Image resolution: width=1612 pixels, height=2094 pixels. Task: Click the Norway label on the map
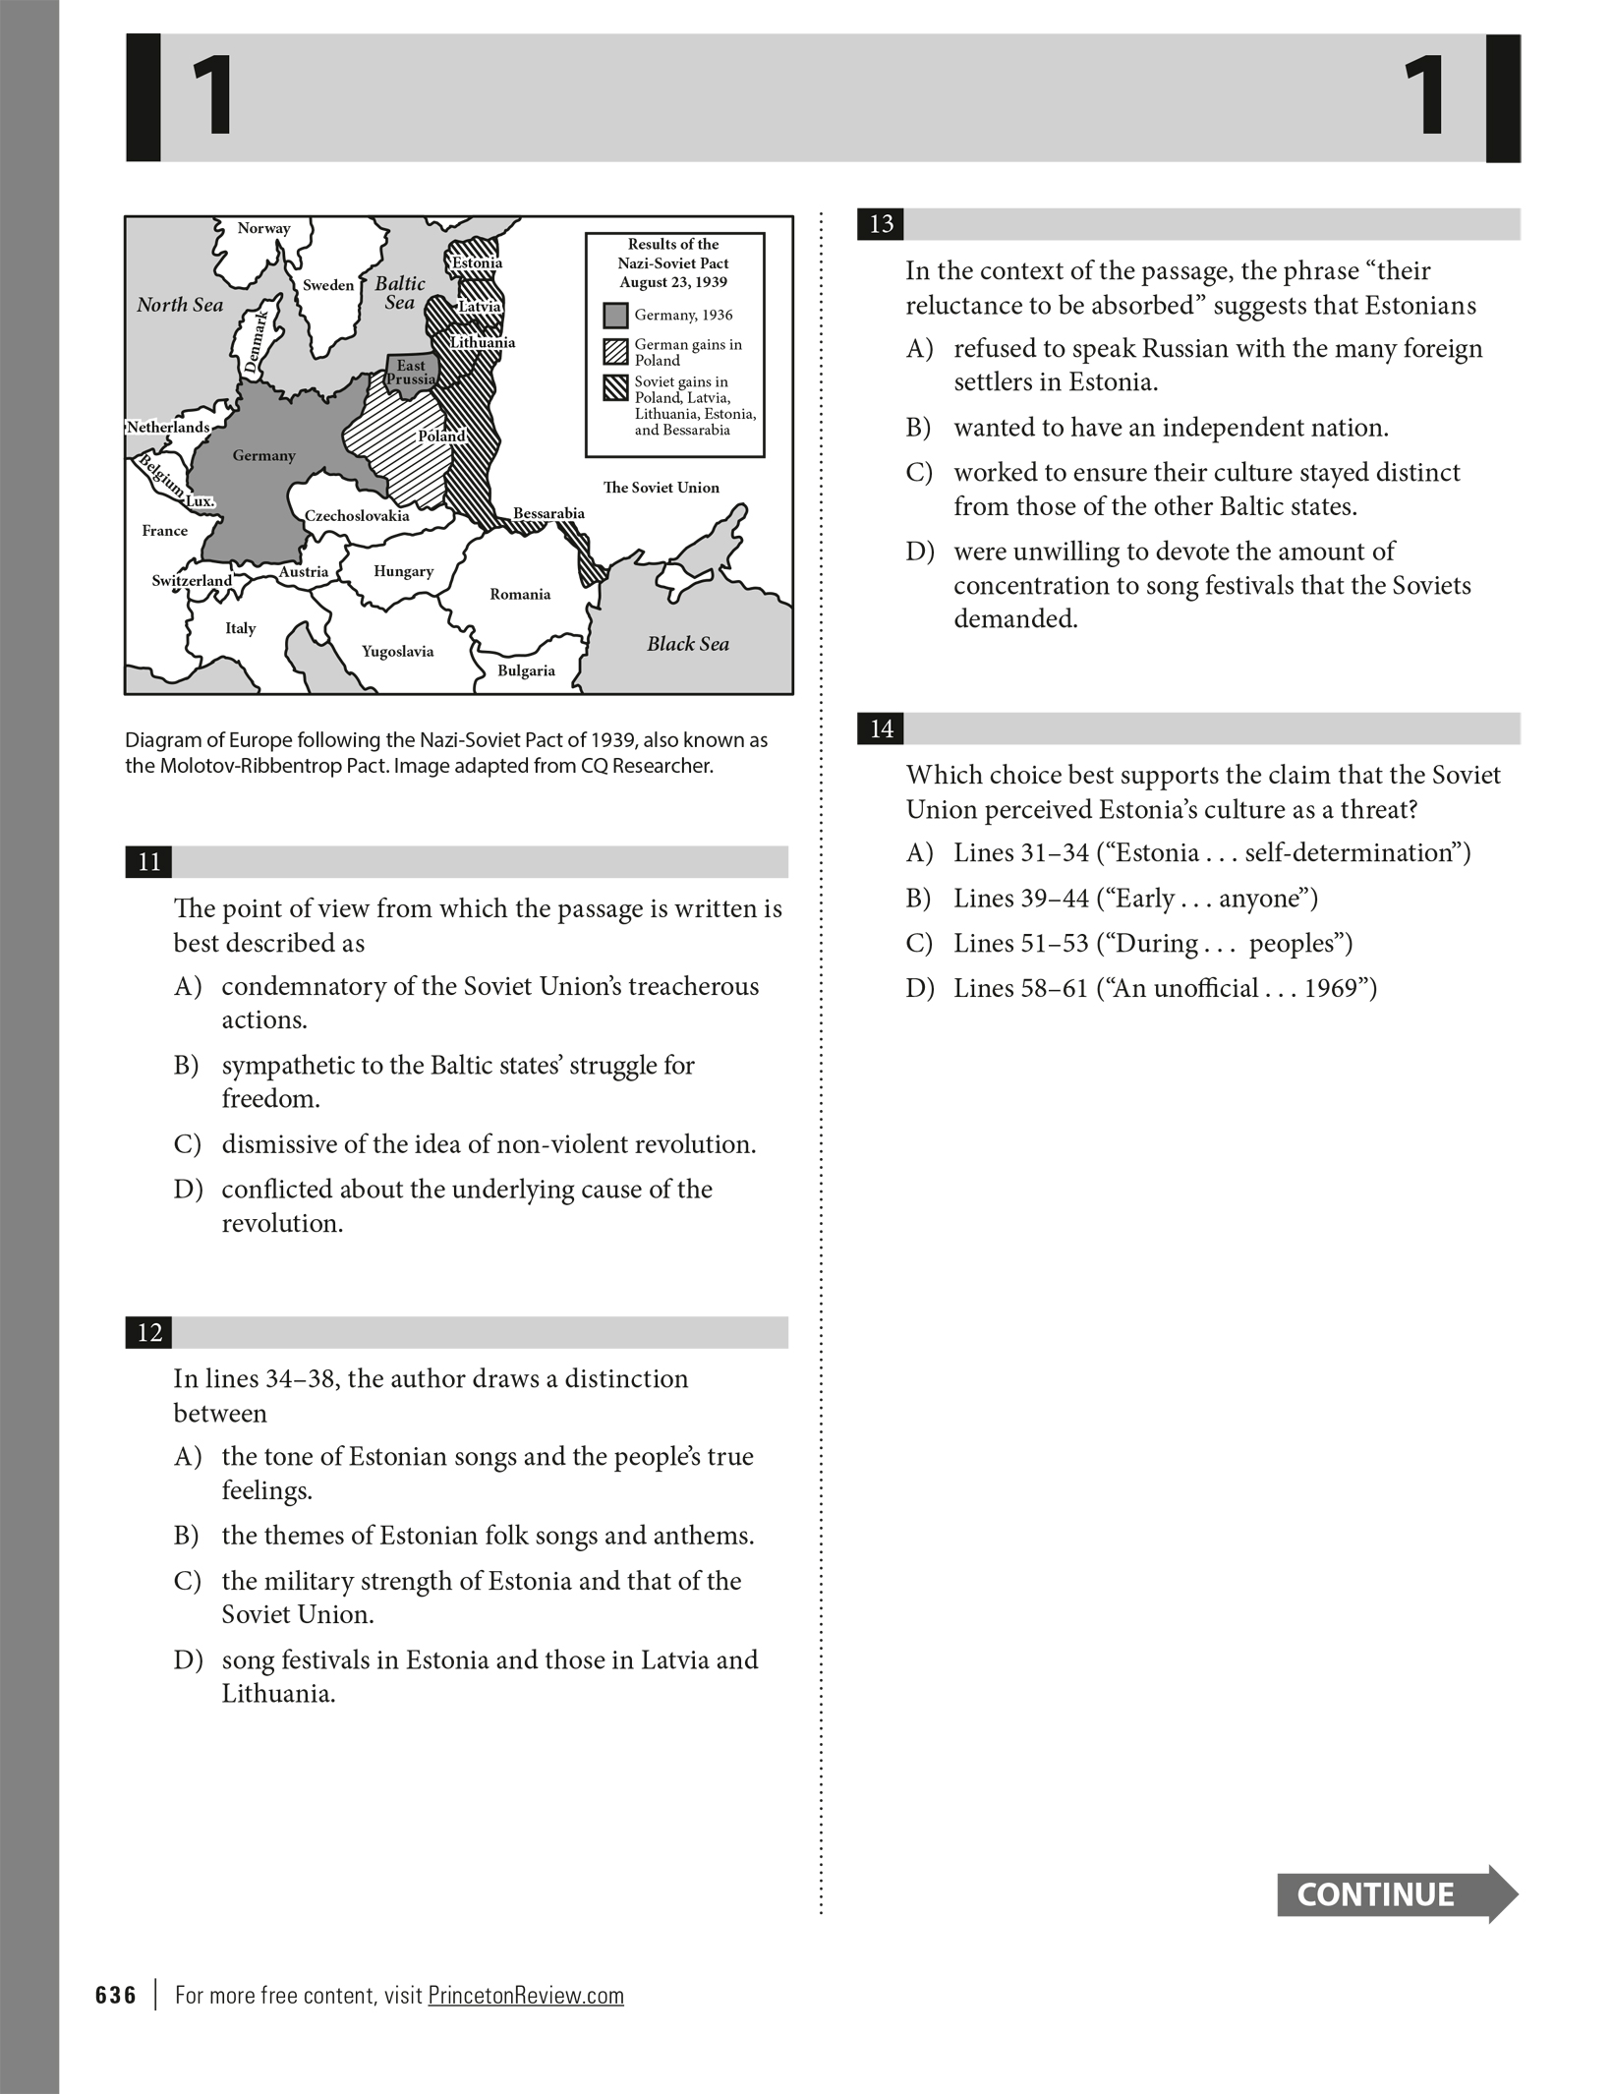pyautogui.click(x=263, y=228)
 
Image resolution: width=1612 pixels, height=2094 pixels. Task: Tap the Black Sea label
pyautogui.click(x=687, y=644)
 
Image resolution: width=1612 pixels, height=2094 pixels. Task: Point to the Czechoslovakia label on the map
pyautogui.click(x=357, y=515)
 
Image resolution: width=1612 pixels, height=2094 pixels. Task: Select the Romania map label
pyautogui.click(x=520, y=594)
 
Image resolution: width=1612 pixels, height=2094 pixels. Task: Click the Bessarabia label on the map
pyautogui.click(x=548, y=513)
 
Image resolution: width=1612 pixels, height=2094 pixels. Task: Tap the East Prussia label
pyautogui.click(x=411, y=372)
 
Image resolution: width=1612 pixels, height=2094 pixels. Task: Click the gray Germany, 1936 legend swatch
pyautogui.click(x=615, y=316)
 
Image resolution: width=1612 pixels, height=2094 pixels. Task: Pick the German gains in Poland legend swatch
pyautogui.click(x=615, y=352)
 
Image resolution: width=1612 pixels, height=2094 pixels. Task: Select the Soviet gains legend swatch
pyautogui.click(x=615, y=387)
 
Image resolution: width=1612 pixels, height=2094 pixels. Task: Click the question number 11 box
pyautogui.click(x=149, y=862)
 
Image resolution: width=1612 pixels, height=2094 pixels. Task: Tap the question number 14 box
pyautogui.click(x=882, y=728)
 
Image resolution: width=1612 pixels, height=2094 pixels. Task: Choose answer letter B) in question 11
pyautogui.click(x=187, y=1066)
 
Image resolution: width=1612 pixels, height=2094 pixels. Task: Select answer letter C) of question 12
pyautogui.click(x=187, y=1581)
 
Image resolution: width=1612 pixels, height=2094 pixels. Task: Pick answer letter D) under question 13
pyautogui.click(x=920, y=552)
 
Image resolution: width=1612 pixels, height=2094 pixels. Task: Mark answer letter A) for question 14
pyautogui.click(x=920, y=853)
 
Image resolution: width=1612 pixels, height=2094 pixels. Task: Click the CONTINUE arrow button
pyautogui.click(x=1396, y=1894)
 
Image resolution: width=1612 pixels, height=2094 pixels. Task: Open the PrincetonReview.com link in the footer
pyautogui.click(x=526, y=1996)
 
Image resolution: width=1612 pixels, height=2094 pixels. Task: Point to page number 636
pyautogui.click(x=116, y=1996)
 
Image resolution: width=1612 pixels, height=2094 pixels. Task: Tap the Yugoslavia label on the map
pyautogui.click(x=397, y=651)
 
